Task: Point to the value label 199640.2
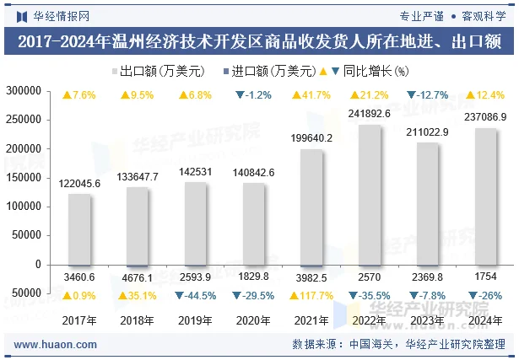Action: point(311,137)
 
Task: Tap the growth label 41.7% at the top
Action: point(311,94)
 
